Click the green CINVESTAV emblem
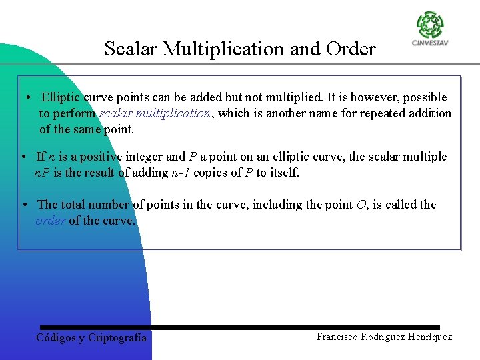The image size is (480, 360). coord(430,25)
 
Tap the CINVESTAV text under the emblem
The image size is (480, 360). coord(430,45)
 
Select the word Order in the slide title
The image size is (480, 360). coord(351,49)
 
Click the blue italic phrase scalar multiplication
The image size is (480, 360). coord(155,113)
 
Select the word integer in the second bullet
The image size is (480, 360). coord(143,157)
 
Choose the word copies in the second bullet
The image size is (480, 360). coord(211,173)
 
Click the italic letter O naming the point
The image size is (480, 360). coord(361,205)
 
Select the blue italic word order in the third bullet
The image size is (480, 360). coord(51,221)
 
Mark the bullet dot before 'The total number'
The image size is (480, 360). coord(25,204)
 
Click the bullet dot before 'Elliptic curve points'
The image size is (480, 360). coord(30,97)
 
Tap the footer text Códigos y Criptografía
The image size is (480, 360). coord(91,338)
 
